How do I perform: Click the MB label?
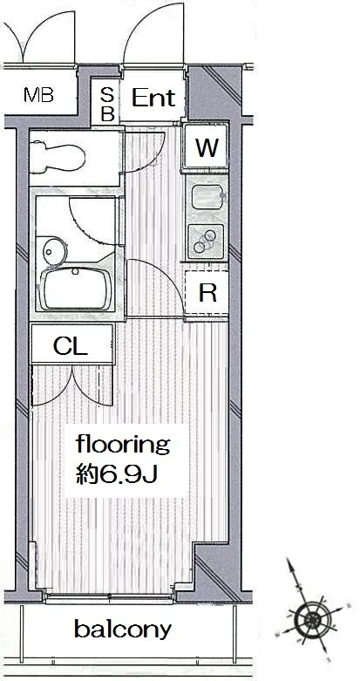click(x=38, y=95)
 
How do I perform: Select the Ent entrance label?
click(x=153, y=98)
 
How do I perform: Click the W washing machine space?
click(x=207, y=146)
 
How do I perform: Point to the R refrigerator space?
click(x=207, y=293)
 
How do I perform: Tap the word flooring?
click(x=122, y=445)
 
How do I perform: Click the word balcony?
click(x=123, y=630)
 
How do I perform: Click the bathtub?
click(x=75, y=289)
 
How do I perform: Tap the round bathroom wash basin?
click(x=54, y=250)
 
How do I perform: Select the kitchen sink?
click(x=207, y=197)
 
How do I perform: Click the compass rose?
click(x=310, y=618)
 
